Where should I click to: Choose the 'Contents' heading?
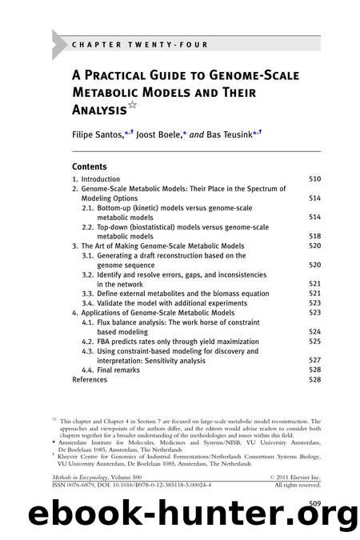[93, 166]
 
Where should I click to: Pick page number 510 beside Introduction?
[314, 179]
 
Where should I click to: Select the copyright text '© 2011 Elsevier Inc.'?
[287, 476]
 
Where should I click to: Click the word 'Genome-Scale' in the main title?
[239, 76]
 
